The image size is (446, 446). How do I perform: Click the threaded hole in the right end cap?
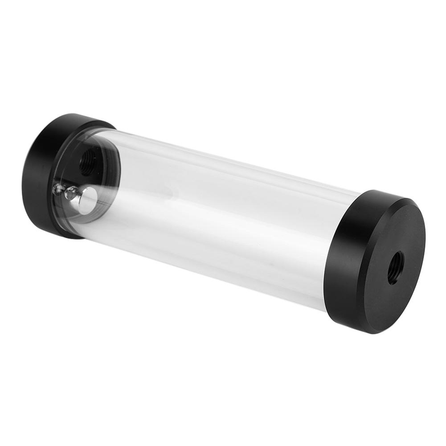[396, 267]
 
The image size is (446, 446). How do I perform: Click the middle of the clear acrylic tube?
[223, 214]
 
